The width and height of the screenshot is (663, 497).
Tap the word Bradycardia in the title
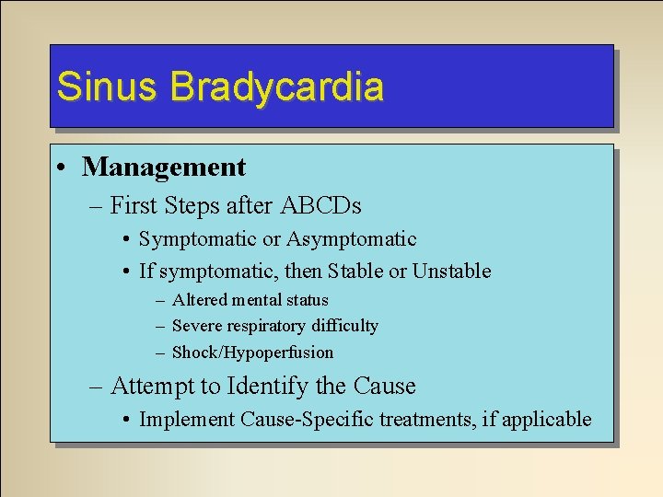276,87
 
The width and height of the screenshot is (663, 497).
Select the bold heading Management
164,168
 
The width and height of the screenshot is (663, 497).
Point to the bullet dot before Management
60,168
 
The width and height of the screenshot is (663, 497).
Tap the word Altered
200,300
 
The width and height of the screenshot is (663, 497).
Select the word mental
257,300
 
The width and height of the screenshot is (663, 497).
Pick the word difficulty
345,326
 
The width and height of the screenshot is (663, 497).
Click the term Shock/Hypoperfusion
253,353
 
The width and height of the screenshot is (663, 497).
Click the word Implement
187,420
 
